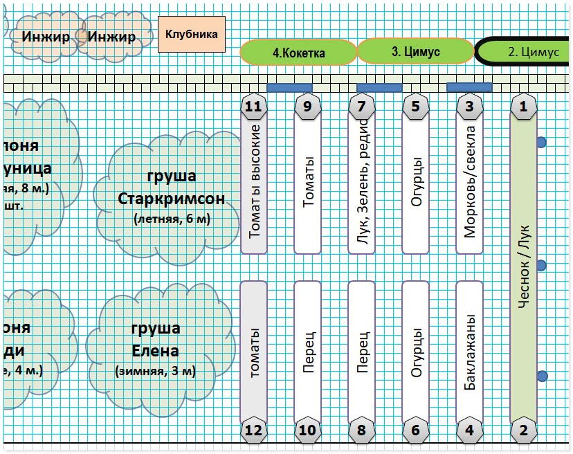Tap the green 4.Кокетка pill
(x=298, y=52)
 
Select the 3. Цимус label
(x=415, y=51)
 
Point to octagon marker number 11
(x=254, y=107)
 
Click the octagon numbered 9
(x=308, y=107)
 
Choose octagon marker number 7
(x=362, y=107)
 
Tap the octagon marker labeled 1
(x=524, y=107)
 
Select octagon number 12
(x=254, y=430)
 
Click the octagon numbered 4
(x=470, y=430)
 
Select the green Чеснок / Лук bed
(x=524, y=263)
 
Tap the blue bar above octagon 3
(x=469, y=87)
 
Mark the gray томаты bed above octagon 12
(x=254, y=349)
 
